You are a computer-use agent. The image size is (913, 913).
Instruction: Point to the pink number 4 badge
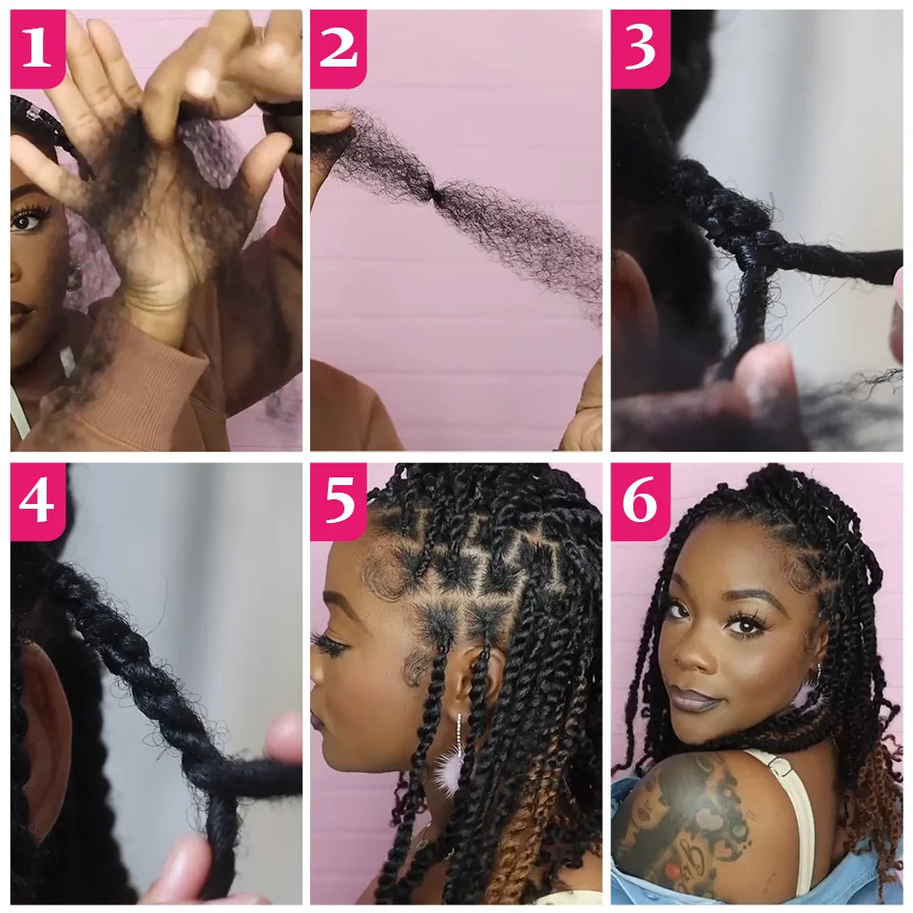point(37,501)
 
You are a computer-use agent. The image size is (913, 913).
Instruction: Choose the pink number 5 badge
point(338,501)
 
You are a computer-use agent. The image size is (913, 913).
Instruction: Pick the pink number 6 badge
point(639,501)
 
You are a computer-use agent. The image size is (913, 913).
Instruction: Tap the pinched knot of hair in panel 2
point(437,192)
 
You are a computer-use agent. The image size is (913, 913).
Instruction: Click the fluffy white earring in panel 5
point(450,768)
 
